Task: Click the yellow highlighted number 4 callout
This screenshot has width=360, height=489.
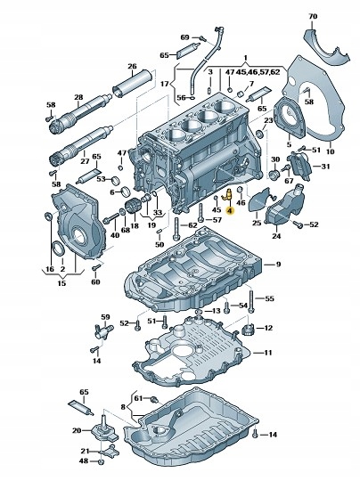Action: tap(229, 211)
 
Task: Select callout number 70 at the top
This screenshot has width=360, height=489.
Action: tap(311, 16)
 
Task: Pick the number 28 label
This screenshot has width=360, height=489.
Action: tap(78, 97)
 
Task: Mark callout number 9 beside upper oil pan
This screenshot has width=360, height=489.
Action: tap(277, 265)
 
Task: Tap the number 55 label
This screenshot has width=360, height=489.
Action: tap(270, 297)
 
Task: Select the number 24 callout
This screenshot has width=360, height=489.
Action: tap(275, 237)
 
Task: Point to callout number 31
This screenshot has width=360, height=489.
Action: tap(325, 167)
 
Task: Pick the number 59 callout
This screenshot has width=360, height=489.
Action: tap(105, 316)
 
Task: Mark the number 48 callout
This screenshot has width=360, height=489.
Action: tap(84, 461)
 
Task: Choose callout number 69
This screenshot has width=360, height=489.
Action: tap(184, 37)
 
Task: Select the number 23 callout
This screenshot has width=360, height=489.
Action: tap(266, 118)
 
